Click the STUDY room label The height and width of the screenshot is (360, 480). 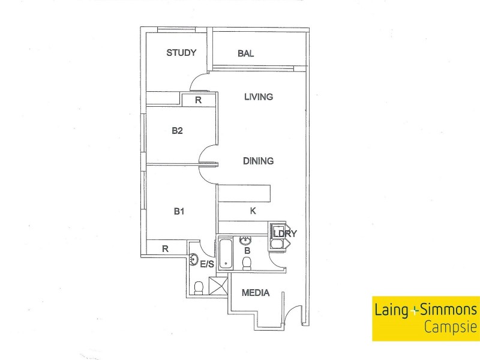pos(181,53)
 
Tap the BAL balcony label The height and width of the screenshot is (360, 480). pos(245,53)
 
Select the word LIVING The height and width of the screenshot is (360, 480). pos(259,97)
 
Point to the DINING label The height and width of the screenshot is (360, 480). pos(259,161)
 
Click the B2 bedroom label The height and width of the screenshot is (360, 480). pos(177,130)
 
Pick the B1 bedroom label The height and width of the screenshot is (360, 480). pos(179,211)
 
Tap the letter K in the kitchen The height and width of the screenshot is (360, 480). pos(253,211)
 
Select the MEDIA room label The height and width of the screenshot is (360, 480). pos(255,293)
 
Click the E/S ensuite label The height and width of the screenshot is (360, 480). pos(208,263)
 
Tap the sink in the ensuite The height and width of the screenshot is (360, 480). pos(194,260)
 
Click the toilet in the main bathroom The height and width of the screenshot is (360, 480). pos(246,263)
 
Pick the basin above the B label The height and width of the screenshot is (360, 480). pos(245,241)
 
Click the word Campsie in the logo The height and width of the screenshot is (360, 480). pos(450,328)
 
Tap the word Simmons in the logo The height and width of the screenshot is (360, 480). pos(449,310)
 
